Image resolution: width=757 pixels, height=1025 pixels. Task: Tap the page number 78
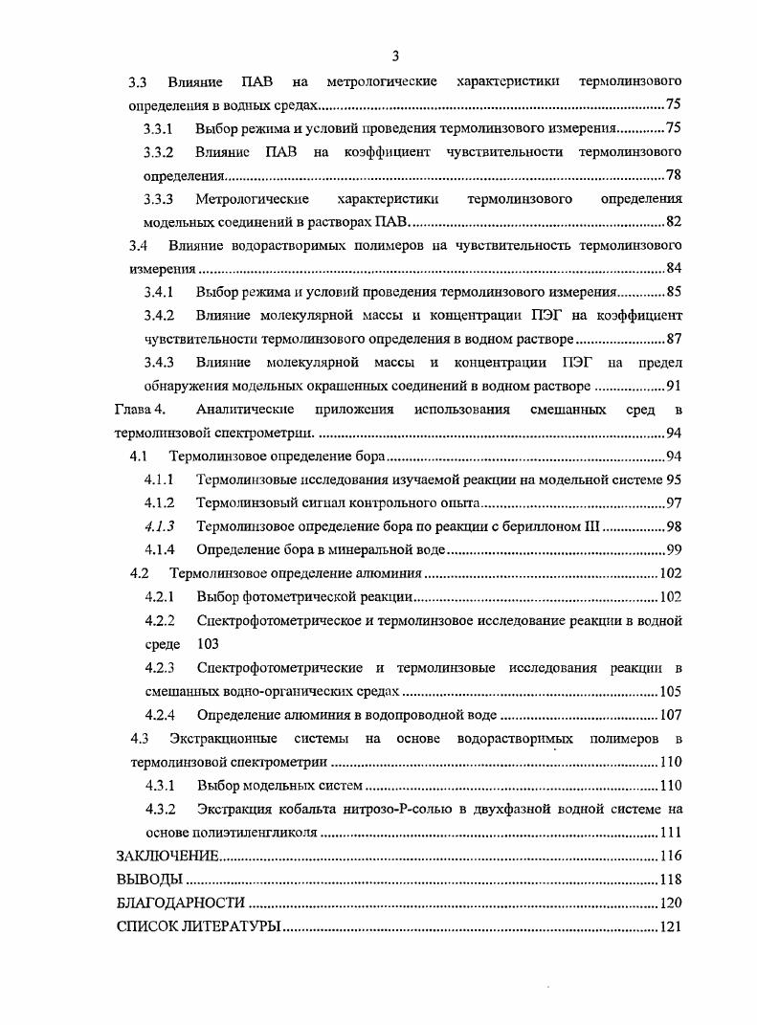coord(673,176)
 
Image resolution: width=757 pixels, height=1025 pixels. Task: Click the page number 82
coord(673,223)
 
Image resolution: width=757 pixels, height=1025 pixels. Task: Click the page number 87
coord(673,339)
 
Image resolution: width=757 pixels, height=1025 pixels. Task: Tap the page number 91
coord(673,386)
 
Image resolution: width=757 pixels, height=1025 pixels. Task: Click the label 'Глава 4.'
coord(141,410)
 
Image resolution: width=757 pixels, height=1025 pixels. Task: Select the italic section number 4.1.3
coord(159,526)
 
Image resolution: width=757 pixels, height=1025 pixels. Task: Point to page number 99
coord(673,550)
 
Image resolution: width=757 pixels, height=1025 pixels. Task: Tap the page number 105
coord(669,691)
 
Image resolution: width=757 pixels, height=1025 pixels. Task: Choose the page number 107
coord(669,715)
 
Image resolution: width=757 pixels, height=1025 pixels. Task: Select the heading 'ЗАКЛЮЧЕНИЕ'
coord(167,856)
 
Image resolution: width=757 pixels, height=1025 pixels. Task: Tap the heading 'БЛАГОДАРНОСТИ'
coord(180,902)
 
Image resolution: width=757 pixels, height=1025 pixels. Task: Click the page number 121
coord(669,926)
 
